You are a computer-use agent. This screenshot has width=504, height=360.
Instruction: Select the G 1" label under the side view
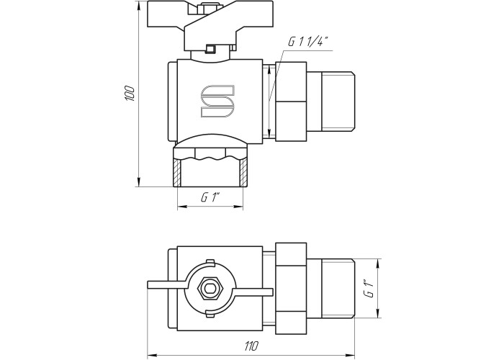[x=209, y=197]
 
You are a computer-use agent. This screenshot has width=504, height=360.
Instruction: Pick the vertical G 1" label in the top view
[x=369, y=291]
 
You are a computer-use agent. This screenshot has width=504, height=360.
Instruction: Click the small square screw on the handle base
[x=210, y=49]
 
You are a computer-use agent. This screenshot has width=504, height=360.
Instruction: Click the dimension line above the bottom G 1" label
[x=210, y=207]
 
